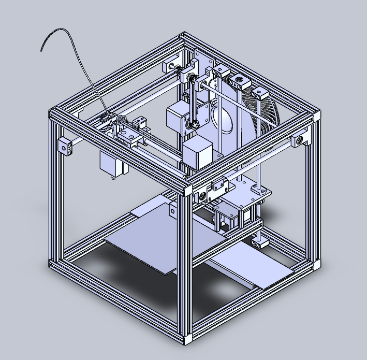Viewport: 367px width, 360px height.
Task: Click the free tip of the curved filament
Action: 42,50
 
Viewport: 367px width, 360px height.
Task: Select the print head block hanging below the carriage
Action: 110,163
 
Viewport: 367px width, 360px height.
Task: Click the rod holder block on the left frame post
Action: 66,146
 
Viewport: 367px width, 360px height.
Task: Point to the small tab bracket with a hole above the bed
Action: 172,209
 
